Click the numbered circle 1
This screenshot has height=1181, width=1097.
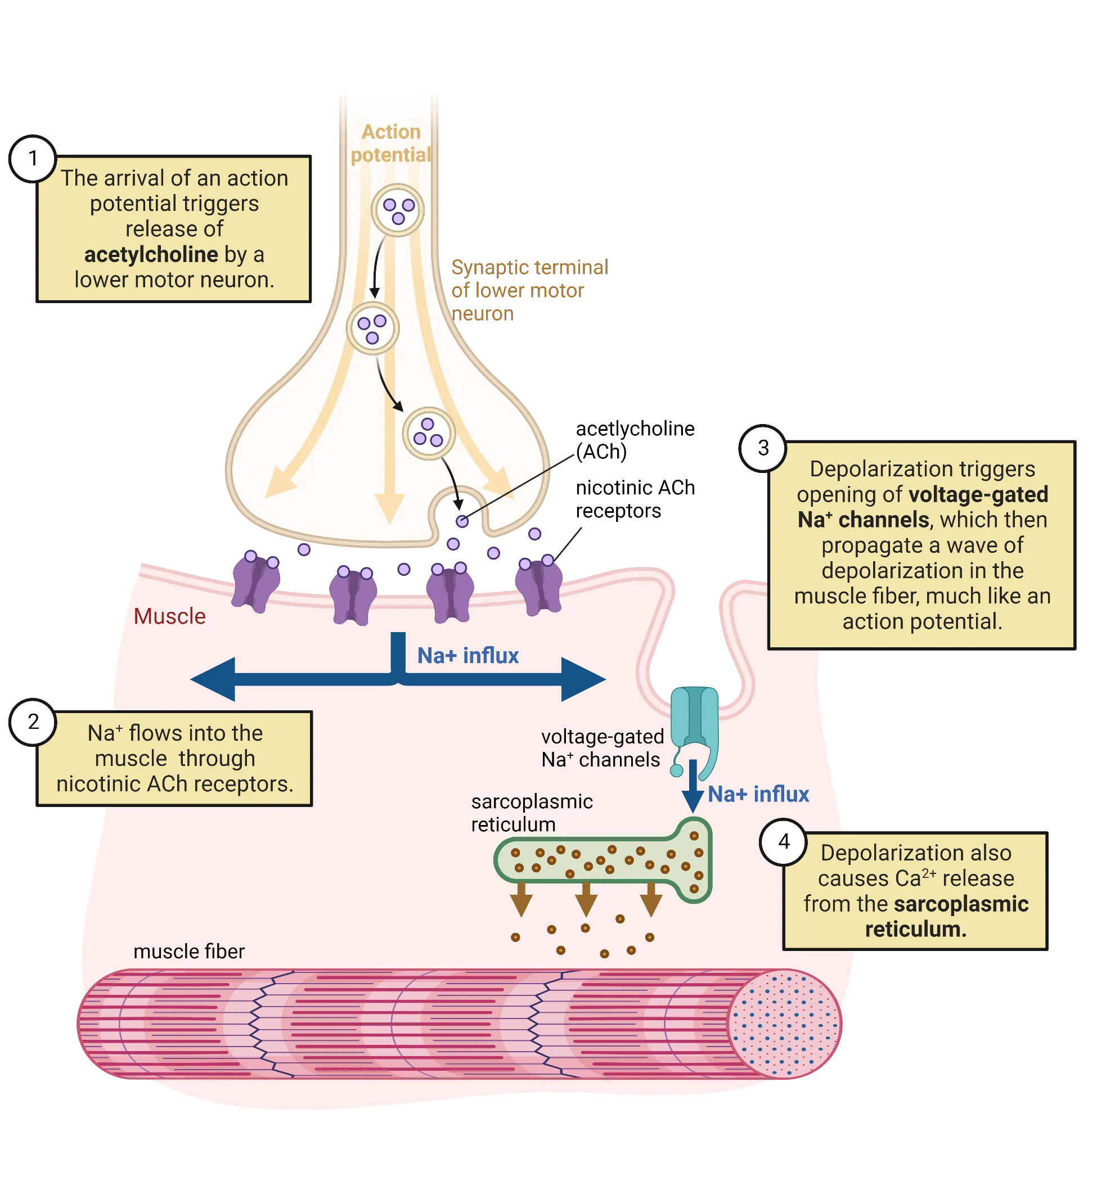click(33, 159)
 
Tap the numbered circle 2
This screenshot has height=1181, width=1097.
click(33, 722)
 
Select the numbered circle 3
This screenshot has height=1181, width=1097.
click(763, 448)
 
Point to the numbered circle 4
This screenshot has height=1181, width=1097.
click(784, 841)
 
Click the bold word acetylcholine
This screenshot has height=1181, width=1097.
click(151, 255)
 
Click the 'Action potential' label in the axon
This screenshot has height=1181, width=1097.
click(390, 143)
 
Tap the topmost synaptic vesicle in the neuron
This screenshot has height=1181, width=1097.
click(398, 210)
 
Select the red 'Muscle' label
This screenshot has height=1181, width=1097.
click(169, 616)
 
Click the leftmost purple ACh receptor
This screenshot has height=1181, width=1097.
click(256, 582)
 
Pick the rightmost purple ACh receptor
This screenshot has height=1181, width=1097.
click(538, 584)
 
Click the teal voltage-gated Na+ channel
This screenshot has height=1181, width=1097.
click(695, 724)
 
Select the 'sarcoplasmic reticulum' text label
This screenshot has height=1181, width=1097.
click(531, 813)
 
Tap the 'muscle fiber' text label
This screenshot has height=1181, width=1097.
click(189, 952)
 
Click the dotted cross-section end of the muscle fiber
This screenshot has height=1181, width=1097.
click(784, 1024)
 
